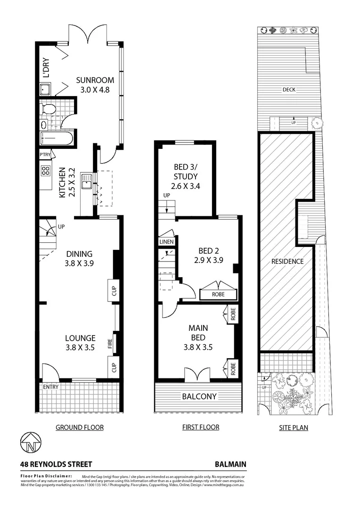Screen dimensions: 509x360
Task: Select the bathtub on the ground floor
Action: pyautogui.click(x=57, y=139)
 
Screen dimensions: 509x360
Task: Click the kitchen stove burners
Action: pyautogui.click(x=46, y=171)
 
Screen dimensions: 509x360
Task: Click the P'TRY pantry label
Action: pyautogui.click(x=45, y=155)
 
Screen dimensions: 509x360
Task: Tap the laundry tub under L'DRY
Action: pyautogui.click(x=46, y=90)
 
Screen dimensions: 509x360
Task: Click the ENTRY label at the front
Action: pyautogui.click(x=50, y=387)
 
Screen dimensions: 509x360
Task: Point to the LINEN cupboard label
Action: pyautogui.click(x=167, y=242)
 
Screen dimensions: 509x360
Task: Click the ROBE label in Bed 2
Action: pyautogui.click(x=218, y=294)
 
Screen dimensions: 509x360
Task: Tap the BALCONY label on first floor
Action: pyautogui.click(x=199, y=396)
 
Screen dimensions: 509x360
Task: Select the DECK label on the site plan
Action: pyautogui.click(x=289, y=90)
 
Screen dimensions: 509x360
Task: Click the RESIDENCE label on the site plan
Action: pyautogui.click(x=287, y=262)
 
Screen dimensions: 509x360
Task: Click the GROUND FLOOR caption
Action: pyautogui.click(x=80, y=427)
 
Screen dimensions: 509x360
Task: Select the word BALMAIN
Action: pyautogui.click(x=230, y=464)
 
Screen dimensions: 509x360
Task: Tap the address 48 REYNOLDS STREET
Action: pyautogui.click(x=56, y=464)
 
